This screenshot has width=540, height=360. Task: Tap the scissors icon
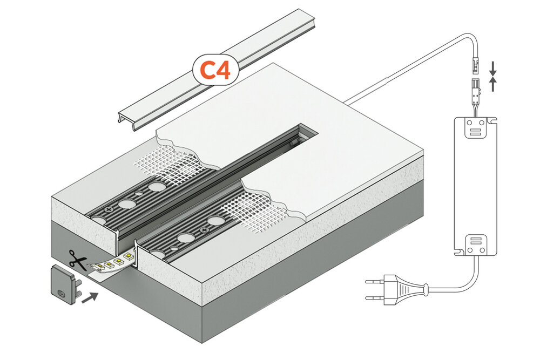(x=78, y=261)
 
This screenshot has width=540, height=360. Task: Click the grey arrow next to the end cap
(x=90, y=296)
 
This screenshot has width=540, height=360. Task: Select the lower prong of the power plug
(x=375, y=297)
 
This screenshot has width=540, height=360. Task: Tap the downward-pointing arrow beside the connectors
(x=492, y=68)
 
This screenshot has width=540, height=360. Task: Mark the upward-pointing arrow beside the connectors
(x=492, y=84)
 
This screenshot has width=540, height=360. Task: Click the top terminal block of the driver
(x=476, y=126)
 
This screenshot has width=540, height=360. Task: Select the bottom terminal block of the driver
(x=476, y=244)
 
